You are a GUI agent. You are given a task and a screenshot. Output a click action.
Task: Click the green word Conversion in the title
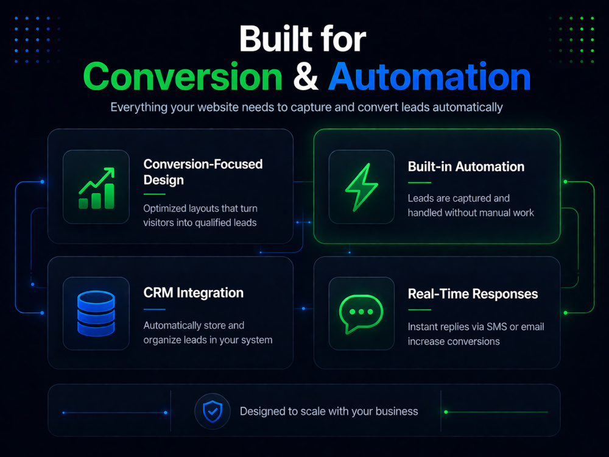183,77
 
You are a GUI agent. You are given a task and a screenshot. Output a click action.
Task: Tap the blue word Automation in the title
429,77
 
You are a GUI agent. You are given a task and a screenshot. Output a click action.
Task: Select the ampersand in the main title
306,77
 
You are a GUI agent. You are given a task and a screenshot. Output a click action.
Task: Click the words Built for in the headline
303,39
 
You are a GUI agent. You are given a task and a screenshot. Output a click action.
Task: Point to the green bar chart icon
97,188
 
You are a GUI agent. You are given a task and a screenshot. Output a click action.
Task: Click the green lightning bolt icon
361,187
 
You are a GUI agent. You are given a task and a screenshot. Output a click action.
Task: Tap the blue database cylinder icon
96,313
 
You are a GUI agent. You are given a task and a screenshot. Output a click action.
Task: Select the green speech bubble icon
361,314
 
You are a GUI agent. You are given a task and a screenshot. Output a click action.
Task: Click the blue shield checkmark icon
213,411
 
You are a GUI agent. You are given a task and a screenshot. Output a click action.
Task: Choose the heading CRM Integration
194,292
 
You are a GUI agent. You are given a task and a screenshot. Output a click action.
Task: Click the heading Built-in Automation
466,167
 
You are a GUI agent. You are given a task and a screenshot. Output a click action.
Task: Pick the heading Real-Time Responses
473,294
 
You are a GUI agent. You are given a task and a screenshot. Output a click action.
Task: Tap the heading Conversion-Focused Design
203,172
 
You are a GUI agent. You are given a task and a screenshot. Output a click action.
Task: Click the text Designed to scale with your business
329,411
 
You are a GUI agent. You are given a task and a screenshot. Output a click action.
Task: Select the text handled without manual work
471,213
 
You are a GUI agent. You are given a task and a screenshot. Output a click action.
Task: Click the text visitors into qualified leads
200,222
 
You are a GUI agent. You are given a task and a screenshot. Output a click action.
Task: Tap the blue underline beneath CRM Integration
155,310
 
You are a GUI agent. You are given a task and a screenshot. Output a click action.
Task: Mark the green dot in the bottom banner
446,412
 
